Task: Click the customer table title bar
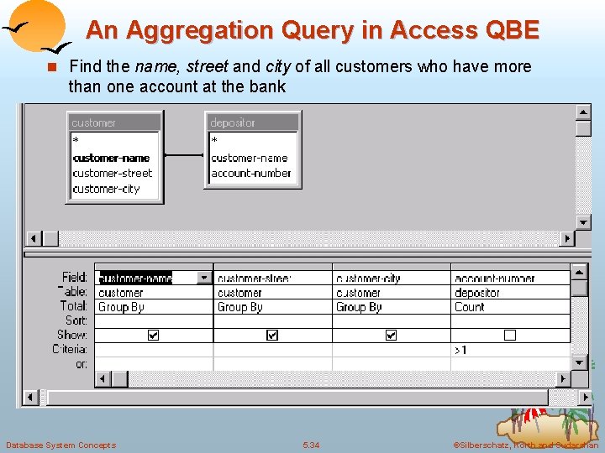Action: click(113, 122)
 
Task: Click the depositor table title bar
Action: click(252, 122)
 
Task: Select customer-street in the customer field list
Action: click(113, 174)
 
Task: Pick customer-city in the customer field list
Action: click(106, 189)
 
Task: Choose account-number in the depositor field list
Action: click(251, 174)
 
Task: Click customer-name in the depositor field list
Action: click(250, 158)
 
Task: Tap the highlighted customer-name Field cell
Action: click(136, 278)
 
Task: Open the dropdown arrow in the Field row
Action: click(204, 278)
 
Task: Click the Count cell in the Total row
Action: click(470, 307)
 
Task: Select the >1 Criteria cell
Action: click(461, 349)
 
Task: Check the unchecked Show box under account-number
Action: click(509, 335)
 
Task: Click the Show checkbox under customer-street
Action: click(272, 335)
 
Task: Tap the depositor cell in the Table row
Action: click(476, 293)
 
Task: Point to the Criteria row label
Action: click(69, 349)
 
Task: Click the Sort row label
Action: click(76, 320)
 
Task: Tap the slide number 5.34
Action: click(311, 445)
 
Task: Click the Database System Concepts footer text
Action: click(60, 445)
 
